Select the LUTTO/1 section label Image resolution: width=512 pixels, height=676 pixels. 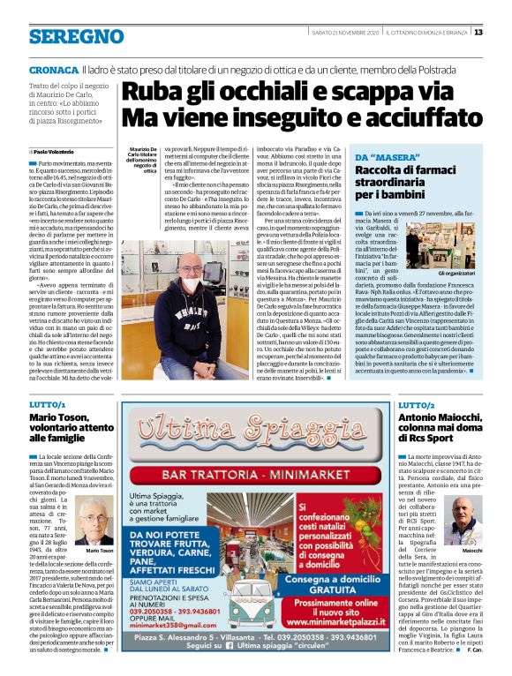click(x=47, y=403)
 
